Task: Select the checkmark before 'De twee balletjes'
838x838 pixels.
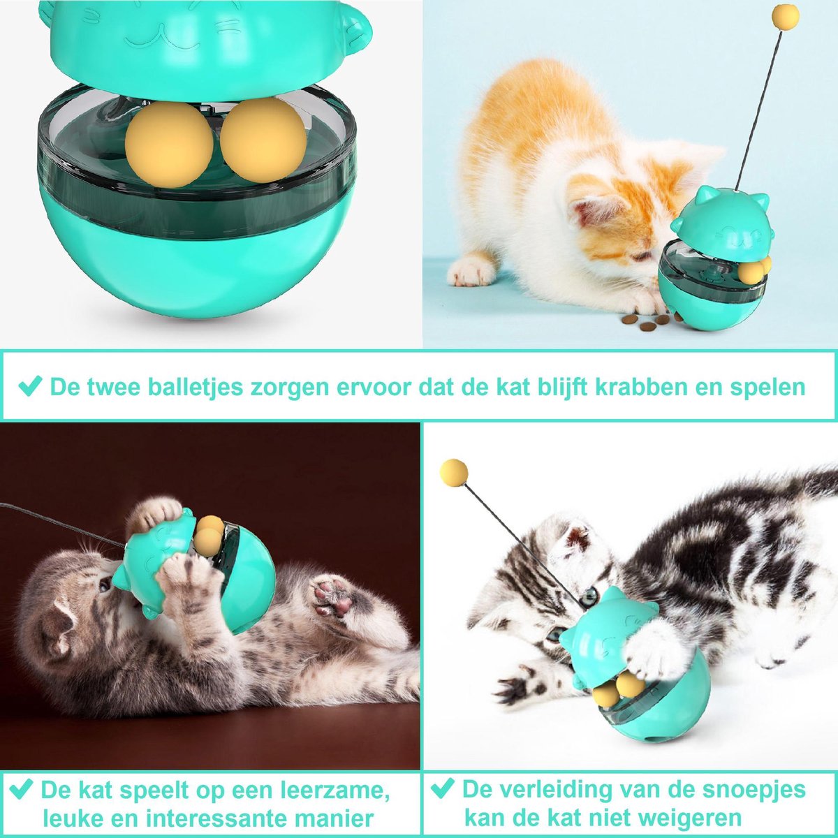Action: click(x=31, y=386)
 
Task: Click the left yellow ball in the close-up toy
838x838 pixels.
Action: click(x=169, y=145)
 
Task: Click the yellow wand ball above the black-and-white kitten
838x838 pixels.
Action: click(x=454, y=473)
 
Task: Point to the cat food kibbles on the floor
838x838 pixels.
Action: click(x=648, y=321)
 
